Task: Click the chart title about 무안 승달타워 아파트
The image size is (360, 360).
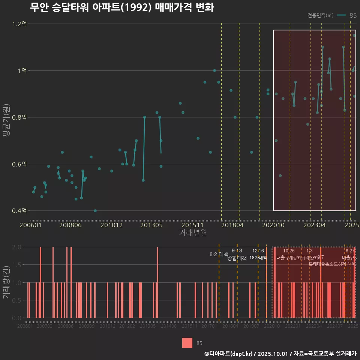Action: (122, 7)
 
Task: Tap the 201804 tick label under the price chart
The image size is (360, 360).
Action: (232, 225)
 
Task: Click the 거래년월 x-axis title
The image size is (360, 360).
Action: (193, 233)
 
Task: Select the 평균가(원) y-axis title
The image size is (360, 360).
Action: (7, 116)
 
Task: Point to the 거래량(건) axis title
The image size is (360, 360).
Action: (6, 282)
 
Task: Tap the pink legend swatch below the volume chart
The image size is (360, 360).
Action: (187, 343)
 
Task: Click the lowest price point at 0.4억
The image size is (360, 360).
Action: (95, 211)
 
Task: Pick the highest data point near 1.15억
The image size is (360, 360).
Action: (354, 36)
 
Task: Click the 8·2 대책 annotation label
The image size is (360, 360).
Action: (219, 254)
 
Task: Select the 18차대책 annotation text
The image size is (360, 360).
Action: (258, 258)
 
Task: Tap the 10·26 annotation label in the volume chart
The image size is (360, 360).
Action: (289, 251)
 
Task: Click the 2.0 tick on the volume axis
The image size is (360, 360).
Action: (17, 247)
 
